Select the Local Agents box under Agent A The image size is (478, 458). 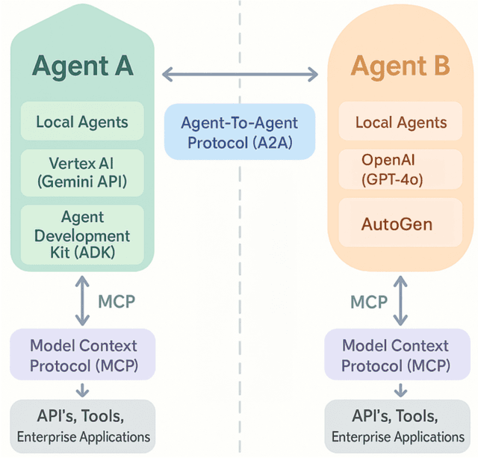coord(82,122)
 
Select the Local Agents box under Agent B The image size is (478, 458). coord(400,122)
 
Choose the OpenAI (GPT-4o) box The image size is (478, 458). coord(400,170)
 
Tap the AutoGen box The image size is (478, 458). coord(400,223)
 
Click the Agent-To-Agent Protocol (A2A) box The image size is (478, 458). coord(239,131)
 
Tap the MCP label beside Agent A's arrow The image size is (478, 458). coord(117,302)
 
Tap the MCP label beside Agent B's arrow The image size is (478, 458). coord(369,302)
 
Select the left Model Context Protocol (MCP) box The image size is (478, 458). coord(82,356)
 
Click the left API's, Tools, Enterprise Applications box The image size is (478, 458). coord(82,426)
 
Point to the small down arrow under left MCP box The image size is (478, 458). coord(82,390)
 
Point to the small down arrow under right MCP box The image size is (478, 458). coord(401,390)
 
